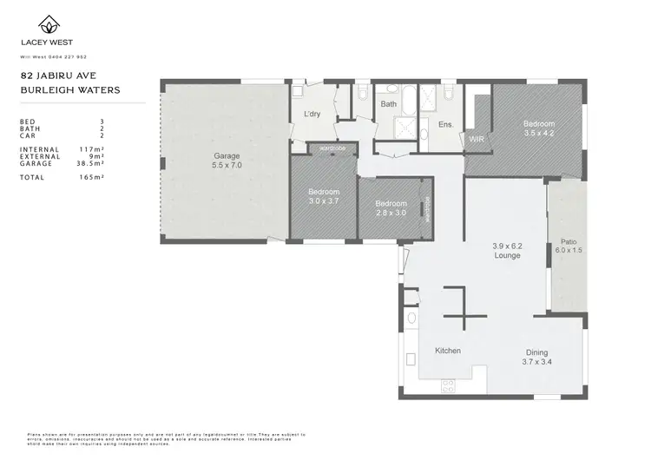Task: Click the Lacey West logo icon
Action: (41, 24)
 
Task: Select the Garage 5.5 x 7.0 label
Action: (227, 161)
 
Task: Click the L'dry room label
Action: (312, 115)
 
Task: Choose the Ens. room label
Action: (446, 124)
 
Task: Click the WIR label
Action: (476, 139)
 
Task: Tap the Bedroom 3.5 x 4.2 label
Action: (538, 128)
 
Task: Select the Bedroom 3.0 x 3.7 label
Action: (324, 196)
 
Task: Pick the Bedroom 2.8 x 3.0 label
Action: (391, 207)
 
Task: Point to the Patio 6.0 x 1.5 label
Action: (569, 246)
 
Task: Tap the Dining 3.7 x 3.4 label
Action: (536, 357)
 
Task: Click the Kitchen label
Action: (447, 351)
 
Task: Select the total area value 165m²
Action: (92, 177)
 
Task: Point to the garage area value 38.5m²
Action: (89, 163)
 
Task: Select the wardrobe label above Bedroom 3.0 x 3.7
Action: (332, 148)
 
